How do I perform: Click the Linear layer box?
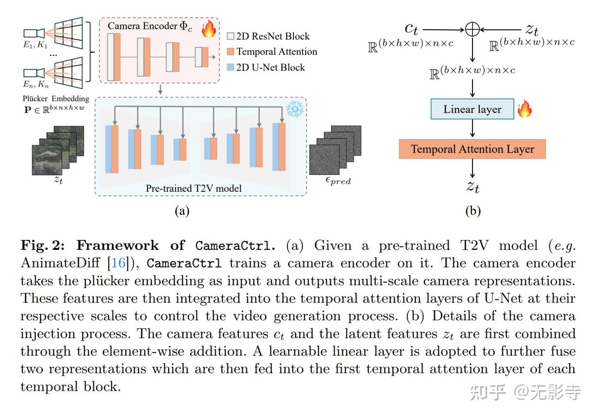click(472, 110)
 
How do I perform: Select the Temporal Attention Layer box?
click(472, 149)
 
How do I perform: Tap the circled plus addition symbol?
click(472, 30)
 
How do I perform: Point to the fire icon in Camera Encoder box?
click(209, 29)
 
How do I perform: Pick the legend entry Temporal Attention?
click(271, 52)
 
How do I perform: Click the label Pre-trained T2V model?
click(194, 188)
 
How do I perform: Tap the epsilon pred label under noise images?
click(337, 181)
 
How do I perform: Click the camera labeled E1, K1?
click(34, 32)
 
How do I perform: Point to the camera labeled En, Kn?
click(34, 72)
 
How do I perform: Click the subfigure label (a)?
click(182, 212)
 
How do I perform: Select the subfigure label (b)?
click(472, 212)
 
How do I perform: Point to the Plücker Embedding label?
click(56, 98)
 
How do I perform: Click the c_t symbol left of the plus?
click(412, 29)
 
